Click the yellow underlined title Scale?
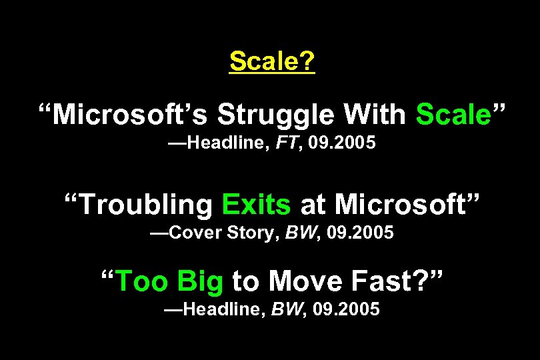271,61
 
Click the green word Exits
256,204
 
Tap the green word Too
143,281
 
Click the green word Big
200,281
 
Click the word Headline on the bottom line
226,309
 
